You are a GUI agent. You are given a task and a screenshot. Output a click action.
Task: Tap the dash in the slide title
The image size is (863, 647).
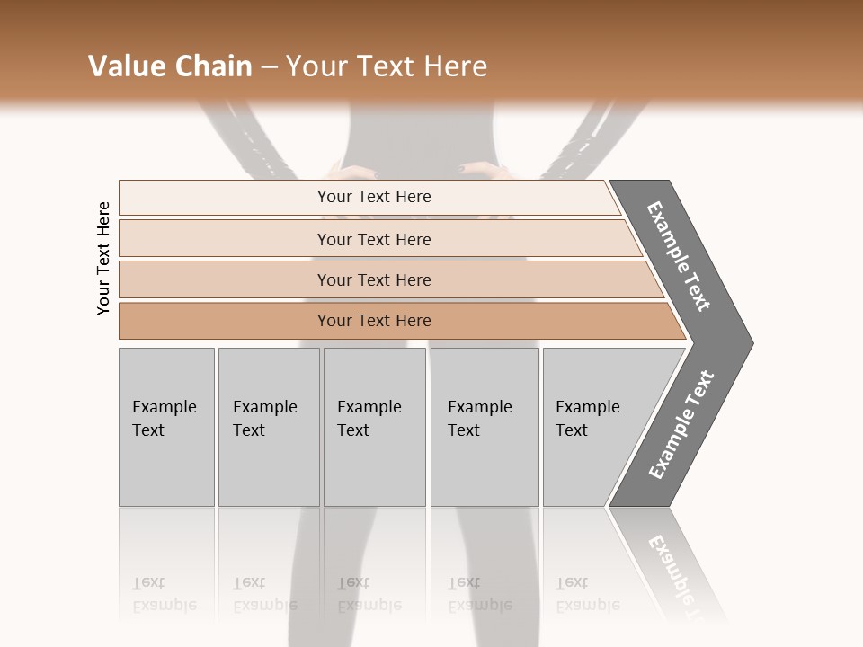tap(269, 67)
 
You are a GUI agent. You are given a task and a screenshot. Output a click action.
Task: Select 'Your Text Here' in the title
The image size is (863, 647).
tap(387, 66)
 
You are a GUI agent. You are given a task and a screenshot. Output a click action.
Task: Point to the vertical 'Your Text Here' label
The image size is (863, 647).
tap(103, 259)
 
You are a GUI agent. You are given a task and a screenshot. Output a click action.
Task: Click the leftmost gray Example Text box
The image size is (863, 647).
tap(166, 427)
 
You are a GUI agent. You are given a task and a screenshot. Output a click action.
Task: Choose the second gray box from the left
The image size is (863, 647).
tap(269, 427)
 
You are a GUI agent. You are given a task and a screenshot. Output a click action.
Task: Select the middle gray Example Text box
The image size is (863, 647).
tap(374, 427)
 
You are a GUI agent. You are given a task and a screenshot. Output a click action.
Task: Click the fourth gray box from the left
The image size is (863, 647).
tap(485, 427)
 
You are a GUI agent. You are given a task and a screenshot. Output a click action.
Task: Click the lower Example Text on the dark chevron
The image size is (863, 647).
tap(681, 424)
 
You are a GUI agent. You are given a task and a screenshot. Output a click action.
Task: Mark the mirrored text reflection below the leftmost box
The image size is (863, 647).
tap(164, 594)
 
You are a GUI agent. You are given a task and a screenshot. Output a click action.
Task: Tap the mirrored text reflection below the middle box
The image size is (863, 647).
tap(369, 594)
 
